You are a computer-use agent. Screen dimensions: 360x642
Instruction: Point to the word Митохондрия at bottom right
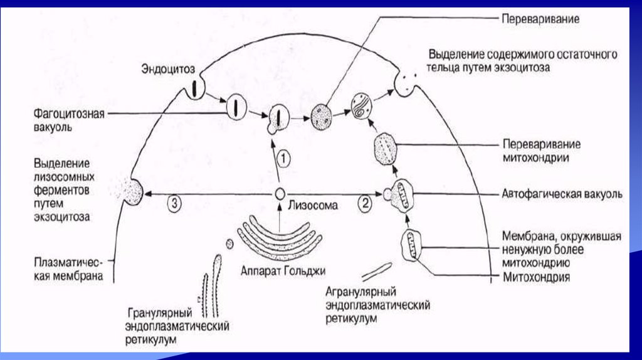click(537, 277)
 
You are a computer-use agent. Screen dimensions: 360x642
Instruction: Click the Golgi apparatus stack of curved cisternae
click(278, 236)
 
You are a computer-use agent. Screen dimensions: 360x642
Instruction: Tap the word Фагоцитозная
click(70, 114)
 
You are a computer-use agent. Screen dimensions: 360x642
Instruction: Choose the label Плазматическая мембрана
click(70, 269)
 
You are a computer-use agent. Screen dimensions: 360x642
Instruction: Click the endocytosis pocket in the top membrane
click(194, 88)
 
